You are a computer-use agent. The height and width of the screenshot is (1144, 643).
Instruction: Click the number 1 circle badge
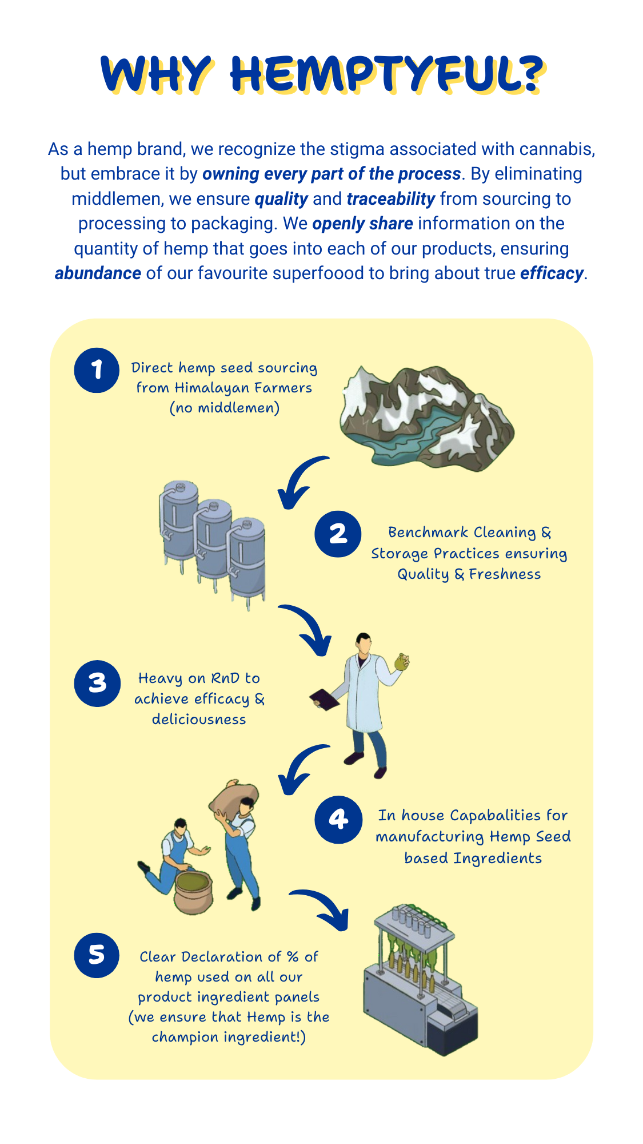(97, 370)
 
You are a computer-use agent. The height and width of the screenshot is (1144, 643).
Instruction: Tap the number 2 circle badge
(338, 534)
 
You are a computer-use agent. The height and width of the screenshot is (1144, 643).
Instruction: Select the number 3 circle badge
(97, 684)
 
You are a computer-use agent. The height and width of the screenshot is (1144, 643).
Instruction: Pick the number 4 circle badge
(338, 820)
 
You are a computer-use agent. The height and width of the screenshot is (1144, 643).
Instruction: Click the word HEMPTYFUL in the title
(387, 75)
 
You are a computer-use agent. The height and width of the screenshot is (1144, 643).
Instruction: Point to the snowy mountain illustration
(427, 418)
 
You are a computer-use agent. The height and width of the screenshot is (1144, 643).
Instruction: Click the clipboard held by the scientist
(324, 700)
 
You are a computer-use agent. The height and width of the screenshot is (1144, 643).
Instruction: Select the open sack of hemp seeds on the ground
(193, 891)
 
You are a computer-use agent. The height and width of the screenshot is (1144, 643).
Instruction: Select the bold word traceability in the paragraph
(391, 198)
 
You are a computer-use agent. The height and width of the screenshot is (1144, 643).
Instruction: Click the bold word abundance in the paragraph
(98, 273)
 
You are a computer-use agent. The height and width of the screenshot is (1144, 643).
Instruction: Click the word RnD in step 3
(226, 678)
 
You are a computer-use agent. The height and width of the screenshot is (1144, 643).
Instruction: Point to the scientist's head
(364, 643)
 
